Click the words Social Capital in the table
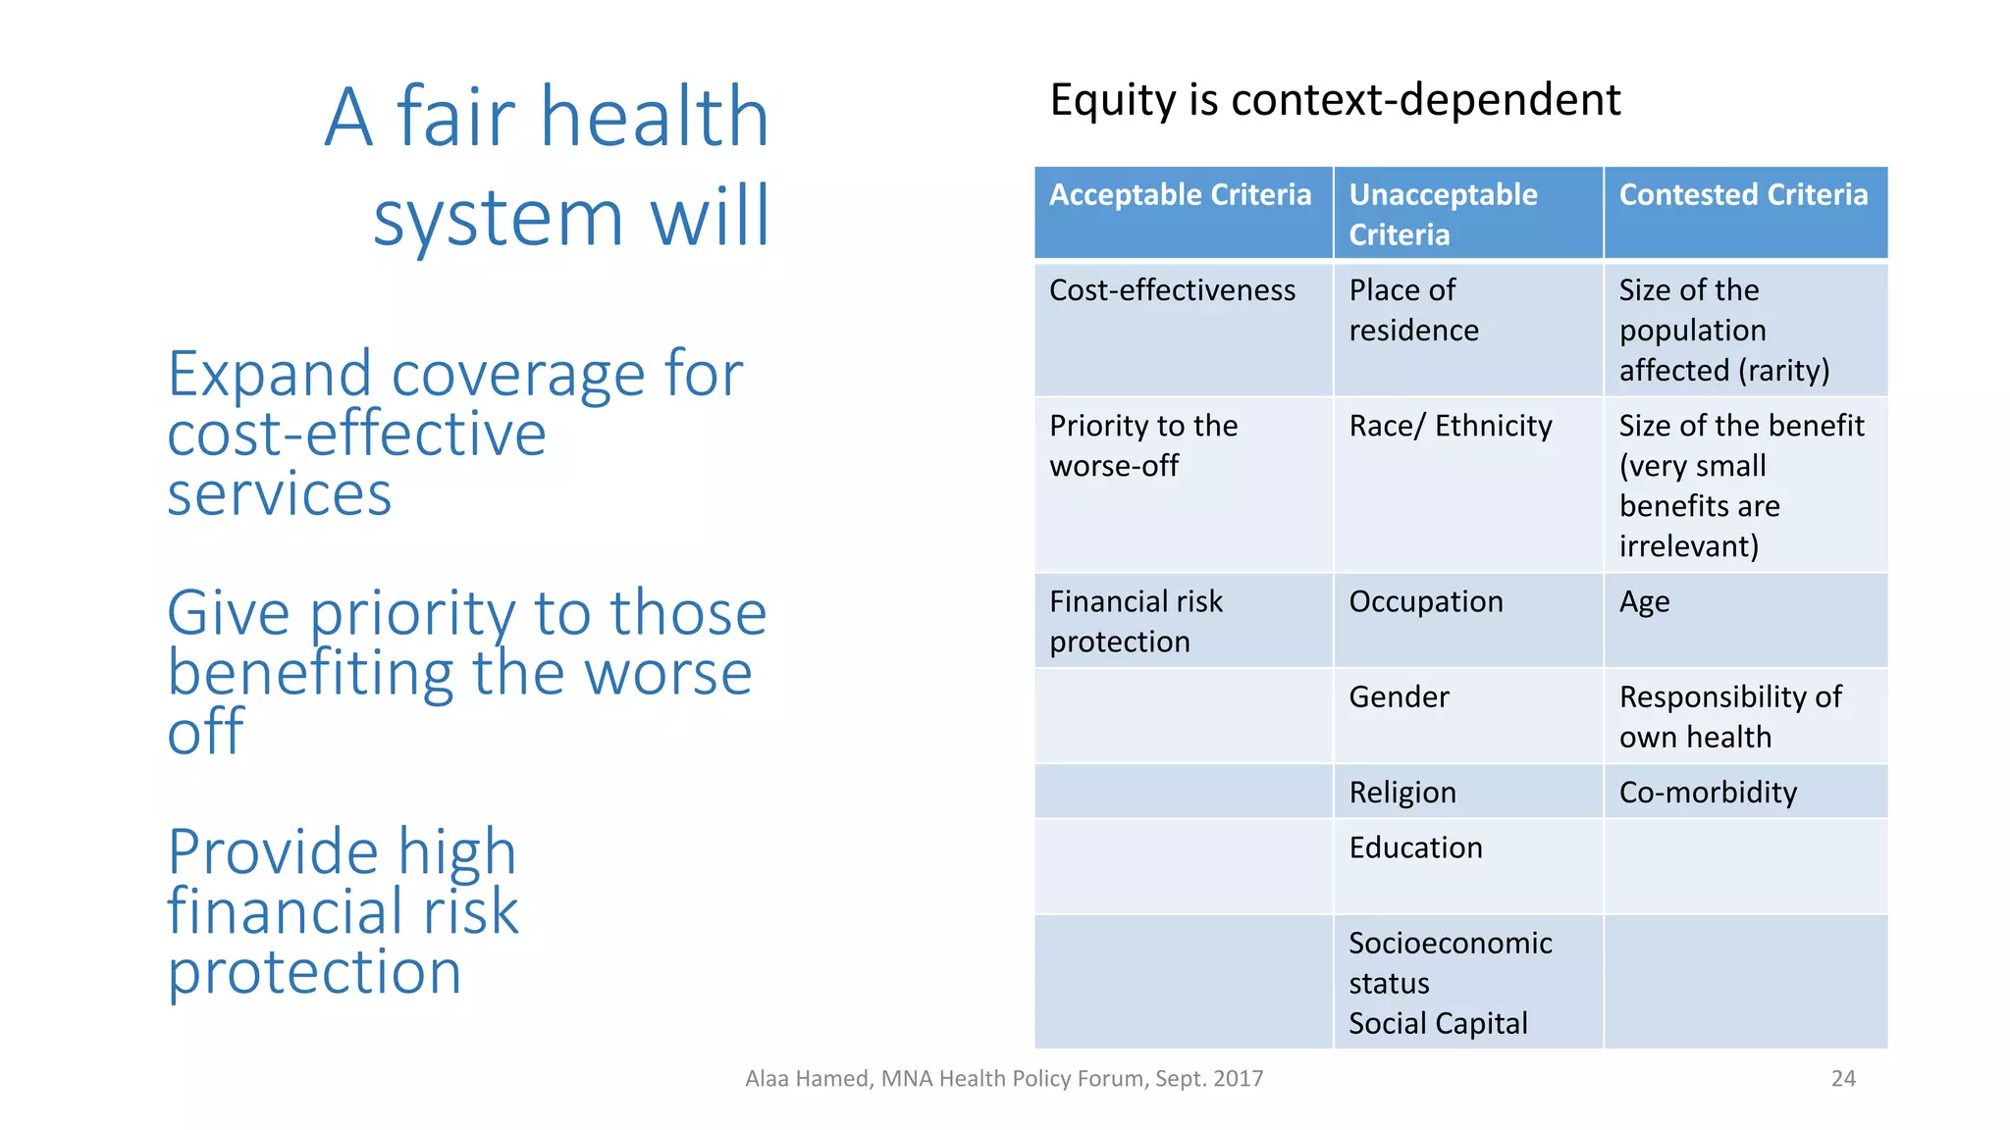click(x=1438, y=1024)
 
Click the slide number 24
click(x=1843, y=1079)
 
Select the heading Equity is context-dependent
click(x=1335, y=100)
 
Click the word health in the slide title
click(x=655, y=117)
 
